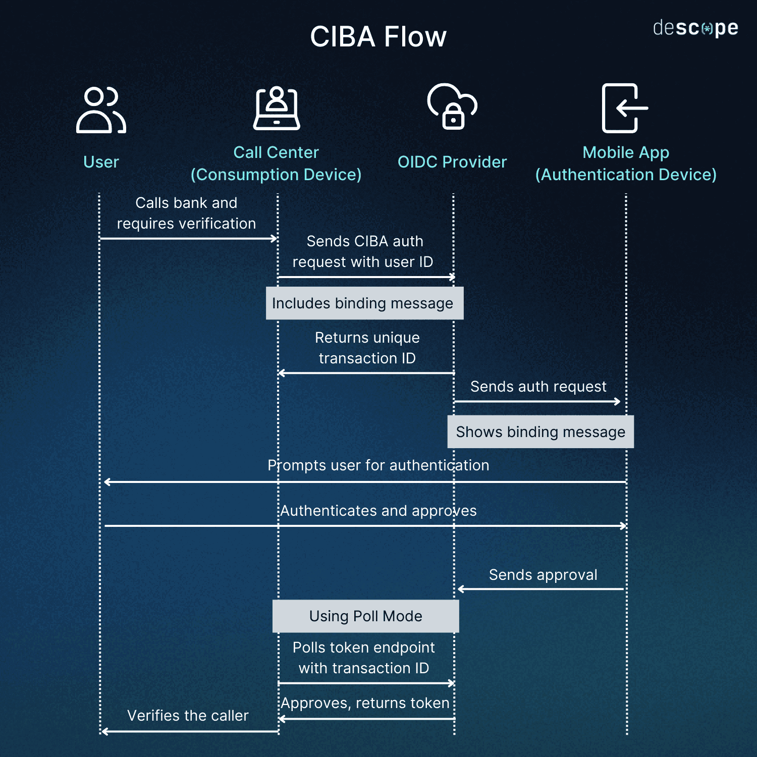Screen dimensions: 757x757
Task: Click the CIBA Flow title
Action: pyautogui.click(x=378, y=37)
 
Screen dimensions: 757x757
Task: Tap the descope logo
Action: pyautogui.click(x=695, y=28)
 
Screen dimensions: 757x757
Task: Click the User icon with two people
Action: pyautogui.click(x=101, y=110)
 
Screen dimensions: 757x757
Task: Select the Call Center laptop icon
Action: pyautogui.click(x=277, y=109)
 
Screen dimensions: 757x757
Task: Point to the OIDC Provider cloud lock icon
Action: pyautogui.click(x=452, y=107)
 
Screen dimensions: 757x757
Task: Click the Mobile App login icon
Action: pyautogui.click(x=625, y=108)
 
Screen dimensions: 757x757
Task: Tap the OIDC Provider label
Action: pyautogui.click(x=452, y=162)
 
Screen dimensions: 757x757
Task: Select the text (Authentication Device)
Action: pyautogui.click(x=626, y=175)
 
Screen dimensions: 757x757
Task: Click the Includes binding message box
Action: pyautogui.click(x=364, y=303)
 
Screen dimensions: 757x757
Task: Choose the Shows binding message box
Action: pyautogui.click(x=540, y=432)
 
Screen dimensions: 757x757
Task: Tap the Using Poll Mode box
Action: pyautogui.click(x=365, y=616)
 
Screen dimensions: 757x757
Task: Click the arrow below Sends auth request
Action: pyautogui.click(x=537, y=402)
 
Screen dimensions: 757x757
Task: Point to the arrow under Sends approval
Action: pyautogui.click(x=540, y=589)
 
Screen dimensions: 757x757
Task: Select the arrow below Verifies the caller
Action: pyautogui.click(x=189, y=731)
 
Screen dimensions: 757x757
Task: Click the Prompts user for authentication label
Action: pyautogui.click(x=378, y=465)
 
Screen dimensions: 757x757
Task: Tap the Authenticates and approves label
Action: pyautogui.click(x=378, y=511)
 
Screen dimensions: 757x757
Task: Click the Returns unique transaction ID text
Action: pyautogui.click(x=367, y=348)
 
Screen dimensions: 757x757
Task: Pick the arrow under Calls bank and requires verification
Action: pyautogui.click(x=189, y=238)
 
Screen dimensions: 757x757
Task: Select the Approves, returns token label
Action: pyautogui.click(x=365, y=703)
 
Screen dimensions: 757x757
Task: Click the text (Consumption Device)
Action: pyautogui.click(x=276, y=175)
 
